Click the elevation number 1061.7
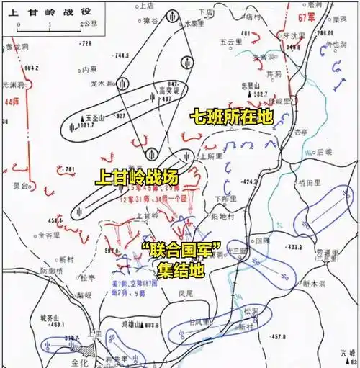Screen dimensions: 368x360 pos(84,125)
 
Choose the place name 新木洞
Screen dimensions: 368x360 pos(315,283)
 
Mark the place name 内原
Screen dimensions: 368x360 pos(89,69)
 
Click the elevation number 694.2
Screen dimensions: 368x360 pos(30,68)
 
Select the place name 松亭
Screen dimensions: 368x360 pos(87,277)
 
